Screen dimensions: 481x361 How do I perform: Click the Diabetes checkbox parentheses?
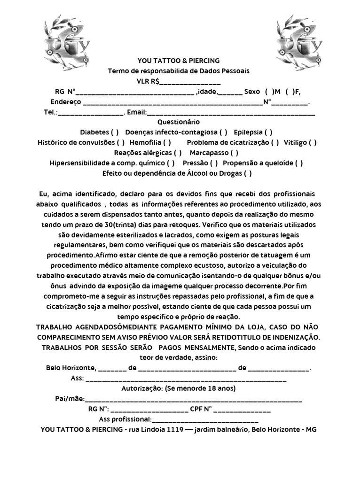[115, 132]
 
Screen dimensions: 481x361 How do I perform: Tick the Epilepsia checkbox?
[268, 132]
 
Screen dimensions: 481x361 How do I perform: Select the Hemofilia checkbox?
[167, 142]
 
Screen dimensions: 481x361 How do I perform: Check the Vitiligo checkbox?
[313, 142]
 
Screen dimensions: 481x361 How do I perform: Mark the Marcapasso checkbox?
[234, 153]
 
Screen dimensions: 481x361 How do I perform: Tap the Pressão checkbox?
[213, 163]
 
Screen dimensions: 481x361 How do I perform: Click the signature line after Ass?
[186, 379]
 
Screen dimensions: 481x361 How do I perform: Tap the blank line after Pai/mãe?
[193, 399]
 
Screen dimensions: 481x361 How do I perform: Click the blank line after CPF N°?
[243, 410]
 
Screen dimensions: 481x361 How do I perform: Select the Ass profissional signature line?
[205, 420]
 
